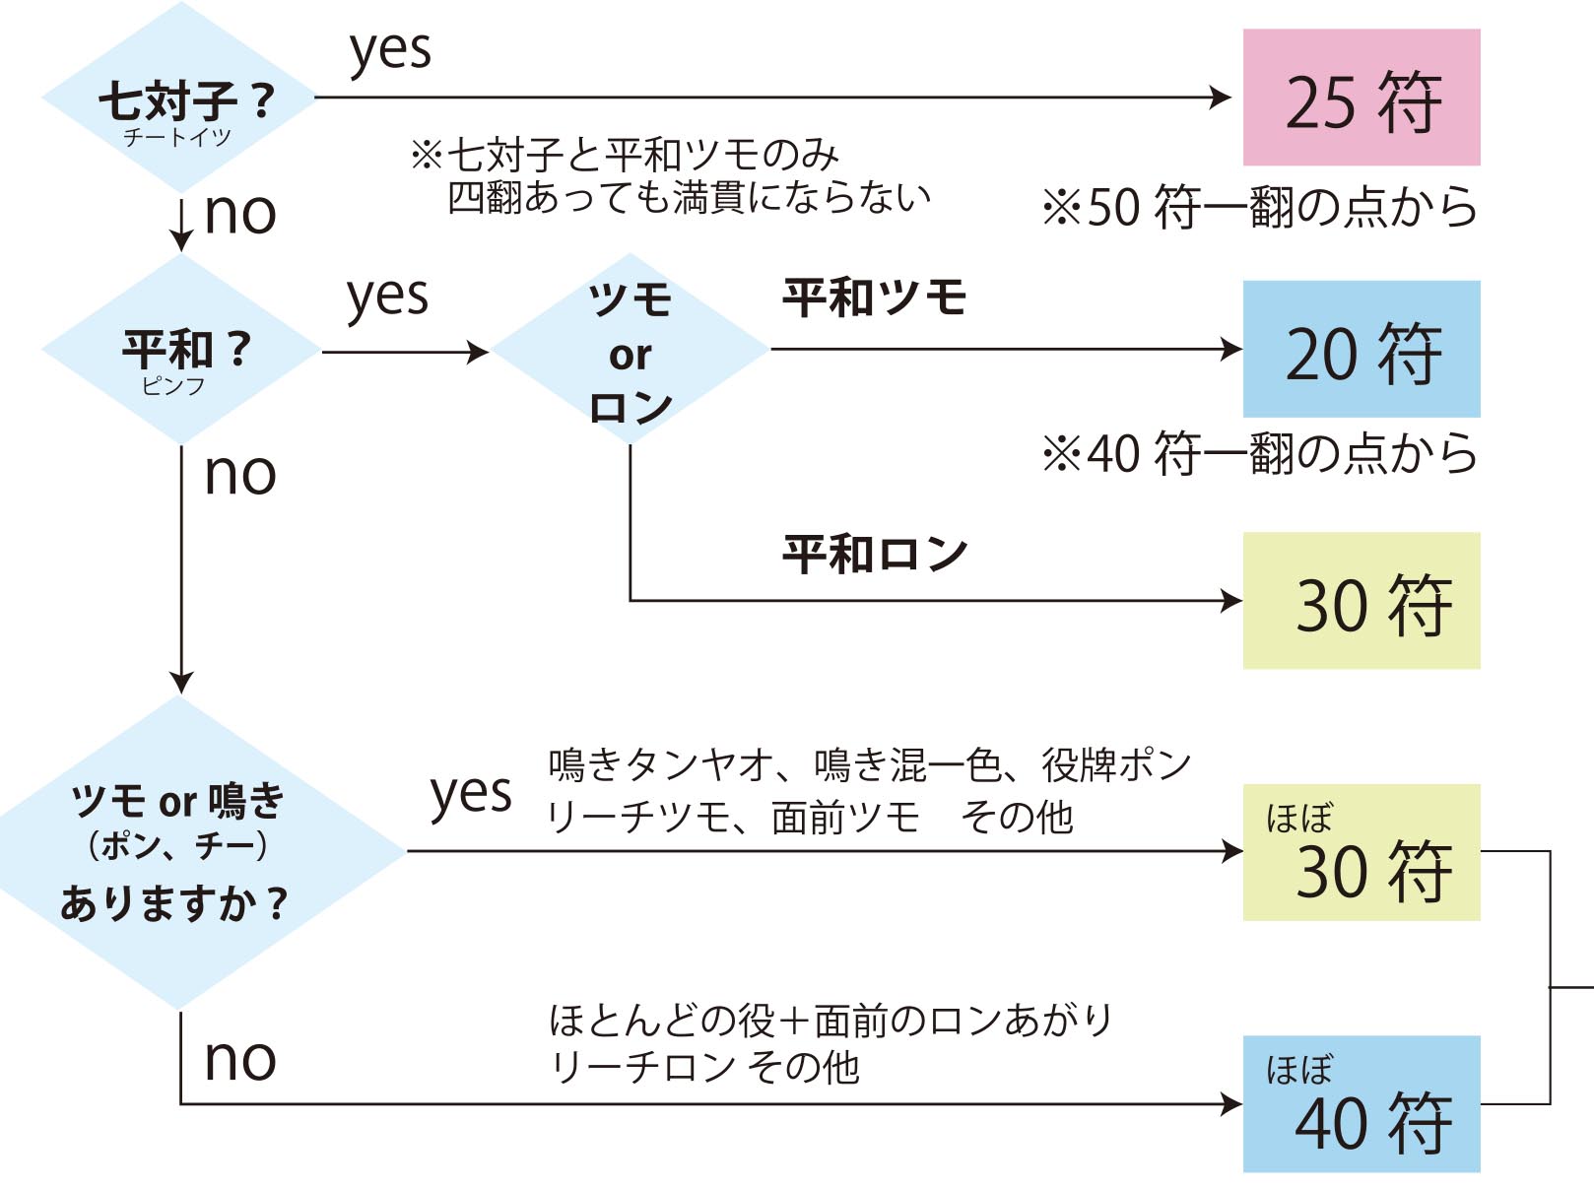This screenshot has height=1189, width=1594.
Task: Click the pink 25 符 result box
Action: (1361, 98)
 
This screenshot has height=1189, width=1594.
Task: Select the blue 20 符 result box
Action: (1361, 349)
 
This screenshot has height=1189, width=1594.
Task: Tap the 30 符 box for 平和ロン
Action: (1361, 601)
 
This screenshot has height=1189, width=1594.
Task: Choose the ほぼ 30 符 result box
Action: (1361, 853)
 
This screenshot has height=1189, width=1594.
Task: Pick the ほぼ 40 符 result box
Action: (1361, 1104)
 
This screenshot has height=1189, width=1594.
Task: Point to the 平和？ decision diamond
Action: (181, 350)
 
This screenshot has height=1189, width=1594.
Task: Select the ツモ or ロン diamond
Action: (631, 350)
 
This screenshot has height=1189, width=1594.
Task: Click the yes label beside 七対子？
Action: (390, 51)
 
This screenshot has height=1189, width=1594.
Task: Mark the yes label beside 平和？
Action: (387, 297)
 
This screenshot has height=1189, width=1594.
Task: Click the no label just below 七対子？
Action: (239, 214)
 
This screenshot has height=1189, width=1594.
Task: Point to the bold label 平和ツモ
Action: (874, 297)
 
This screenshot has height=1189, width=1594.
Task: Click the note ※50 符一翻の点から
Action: (1260, 207)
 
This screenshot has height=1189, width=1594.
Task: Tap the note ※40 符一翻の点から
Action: (1260, 454)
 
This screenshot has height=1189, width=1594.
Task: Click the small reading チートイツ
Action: (177, 137)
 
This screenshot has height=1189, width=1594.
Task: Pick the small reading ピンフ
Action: (173, 386)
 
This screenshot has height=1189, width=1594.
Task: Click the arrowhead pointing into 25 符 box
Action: (1222, 98)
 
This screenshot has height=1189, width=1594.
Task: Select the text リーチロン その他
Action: (704, 1068)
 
